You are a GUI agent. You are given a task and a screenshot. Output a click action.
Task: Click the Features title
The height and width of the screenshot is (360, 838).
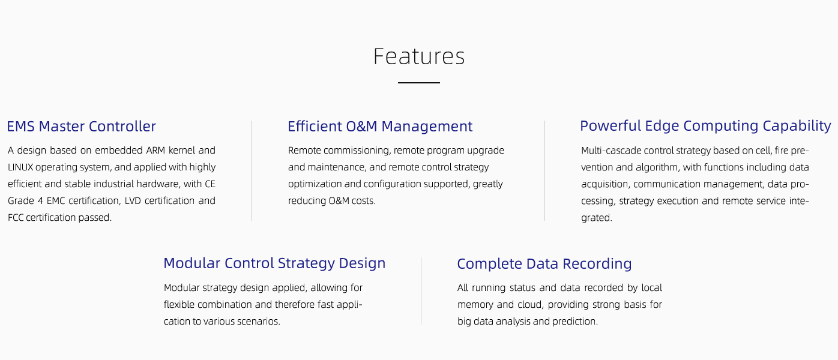pyautogui.click(x=419, y=56)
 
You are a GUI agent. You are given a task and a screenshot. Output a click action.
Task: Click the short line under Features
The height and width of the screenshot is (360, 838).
pyautogui.click(x=419, y=83)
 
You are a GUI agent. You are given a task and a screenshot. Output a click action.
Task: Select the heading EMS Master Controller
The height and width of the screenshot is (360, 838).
pyautogui.click(x=81, y=127)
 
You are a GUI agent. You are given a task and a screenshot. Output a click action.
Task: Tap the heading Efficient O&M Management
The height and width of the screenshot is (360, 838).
pyautogui.click(x=380, y=127)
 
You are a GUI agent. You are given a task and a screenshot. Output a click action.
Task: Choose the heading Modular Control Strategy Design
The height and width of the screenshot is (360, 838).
pyautogui.click(x=274, y=263)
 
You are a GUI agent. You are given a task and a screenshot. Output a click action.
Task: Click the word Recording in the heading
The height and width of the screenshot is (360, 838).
pyautogui.click(x=597, y=264)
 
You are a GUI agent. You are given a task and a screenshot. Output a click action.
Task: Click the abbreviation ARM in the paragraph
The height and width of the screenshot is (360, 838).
pyautogui.click(x=155, y=150)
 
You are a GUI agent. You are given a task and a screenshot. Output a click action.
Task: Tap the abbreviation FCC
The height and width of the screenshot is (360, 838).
pyautogui.click(x=16, y=218)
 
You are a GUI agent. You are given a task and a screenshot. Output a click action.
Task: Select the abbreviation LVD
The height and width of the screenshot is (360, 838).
pyautogui.click(x=133, y=201)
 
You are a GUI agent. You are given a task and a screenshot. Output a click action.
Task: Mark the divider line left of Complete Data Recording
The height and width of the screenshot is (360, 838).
pyautogui.click(x=421, y=290)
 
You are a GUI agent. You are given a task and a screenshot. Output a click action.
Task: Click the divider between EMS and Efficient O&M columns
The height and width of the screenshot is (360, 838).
pyautogui.click(x=252, y=170)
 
